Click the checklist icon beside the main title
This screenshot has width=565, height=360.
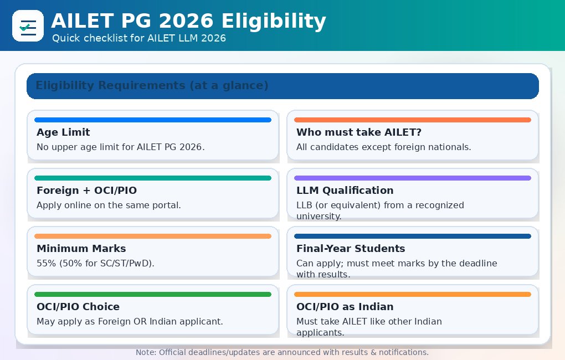[28, 25]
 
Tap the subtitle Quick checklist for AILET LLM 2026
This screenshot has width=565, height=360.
[138, 38]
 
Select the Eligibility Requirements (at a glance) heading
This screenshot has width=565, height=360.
[152, 86]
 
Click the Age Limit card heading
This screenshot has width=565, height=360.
[63, 132]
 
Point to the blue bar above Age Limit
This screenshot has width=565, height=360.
[152, 120]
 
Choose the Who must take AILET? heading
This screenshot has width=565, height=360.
[359, 132]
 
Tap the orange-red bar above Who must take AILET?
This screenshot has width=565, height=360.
[412, 120]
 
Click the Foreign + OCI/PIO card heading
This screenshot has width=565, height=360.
[86, 191]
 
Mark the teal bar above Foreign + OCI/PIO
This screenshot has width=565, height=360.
[152, 178]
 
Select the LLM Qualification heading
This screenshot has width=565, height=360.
[345, 191]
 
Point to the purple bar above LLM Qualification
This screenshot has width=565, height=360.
[412, 178]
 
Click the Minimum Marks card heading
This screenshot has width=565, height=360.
[81, 249]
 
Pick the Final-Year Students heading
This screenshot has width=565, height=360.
[351, 249]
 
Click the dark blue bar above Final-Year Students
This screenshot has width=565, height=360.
[412, 236]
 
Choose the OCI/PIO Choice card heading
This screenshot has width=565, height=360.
[78, 307]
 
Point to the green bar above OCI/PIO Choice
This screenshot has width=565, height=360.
[152, 294]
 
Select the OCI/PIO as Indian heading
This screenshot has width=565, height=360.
[345, 307]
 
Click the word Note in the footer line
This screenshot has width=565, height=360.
[145, 352]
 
